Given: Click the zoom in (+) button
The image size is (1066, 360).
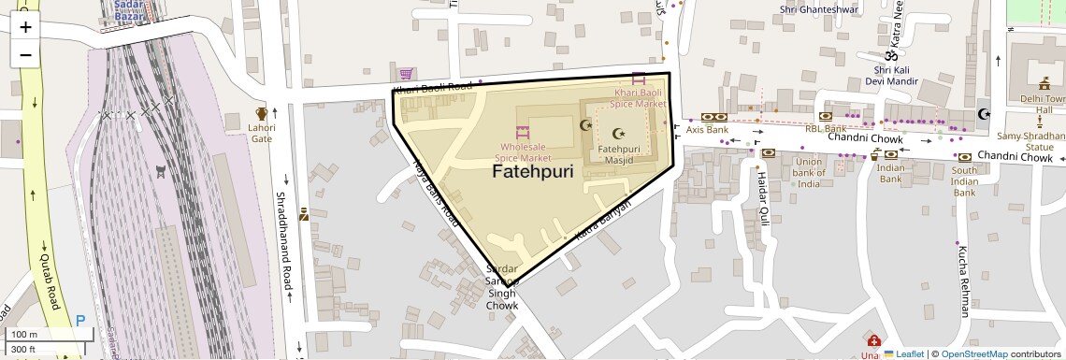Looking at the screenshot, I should point(25,27).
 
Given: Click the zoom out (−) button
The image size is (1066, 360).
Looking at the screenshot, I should point(25,54).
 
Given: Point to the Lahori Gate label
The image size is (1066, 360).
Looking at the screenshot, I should point(262,134).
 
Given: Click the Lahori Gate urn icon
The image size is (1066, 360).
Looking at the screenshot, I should point(262,114).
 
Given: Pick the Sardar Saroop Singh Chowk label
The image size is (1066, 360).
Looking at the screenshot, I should point(501,287).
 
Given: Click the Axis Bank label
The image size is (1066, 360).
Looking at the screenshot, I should point(707,130).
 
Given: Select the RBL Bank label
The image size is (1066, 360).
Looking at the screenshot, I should point(825,129).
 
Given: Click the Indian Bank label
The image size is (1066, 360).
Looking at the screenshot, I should point(890,173).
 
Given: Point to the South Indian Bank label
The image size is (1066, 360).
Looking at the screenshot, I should point(964,181).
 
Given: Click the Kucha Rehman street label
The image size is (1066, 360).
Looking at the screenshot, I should point(962,281).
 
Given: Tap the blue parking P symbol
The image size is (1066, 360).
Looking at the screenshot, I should point(80,321).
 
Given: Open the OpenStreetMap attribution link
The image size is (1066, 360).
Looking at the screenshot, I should point(974,354).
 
